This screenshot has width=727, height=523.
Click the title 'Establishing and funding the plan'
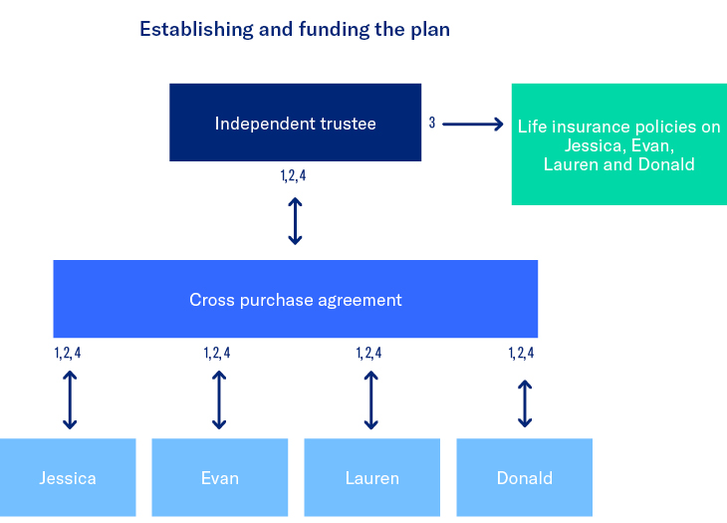pyautogui.click(x=295, y=29)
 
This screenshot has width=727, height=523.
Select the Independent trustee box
pyautogui.click(x=295, y=123)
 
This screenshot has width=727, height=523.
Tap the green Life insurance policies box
pyautogui.click(x=618, y=144)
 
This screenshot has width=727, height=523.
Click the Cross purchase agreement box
pyautogui.click(x=295, y=299)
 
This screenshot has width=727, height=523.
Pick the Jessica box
pyautogui.click(x=68, y=477)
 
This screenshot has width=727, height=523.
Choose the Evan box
pyautogui.click(x=219, y=477)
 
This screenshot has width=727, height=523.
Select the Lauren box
pyautogui.click(x=371, y=477)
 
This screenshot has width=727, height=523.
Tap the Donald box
pyautogui.click(x=524, y=477)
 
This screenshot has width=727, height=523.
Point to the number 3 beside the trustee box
pyautogui.click(x=432, y=124)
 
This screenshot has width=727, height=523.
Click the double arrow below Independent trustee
pyautogui.click(x=295, y=220)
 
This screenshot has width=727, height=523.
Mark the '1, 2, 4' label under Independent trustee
pyautogui.click(x=295, y=177)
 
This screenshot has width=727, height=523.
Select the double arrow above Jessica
pyautogui.click(x=69, y=399)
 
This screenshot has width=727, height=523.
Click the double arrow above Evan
pyautogui.click(x=219, y=399)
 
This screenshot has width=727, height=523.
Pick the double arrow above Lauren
pyautogui.click(x=370, y=399)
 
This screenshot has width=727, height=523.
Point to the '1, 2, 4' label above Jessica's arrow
pyautogui.click(x=68, y=353)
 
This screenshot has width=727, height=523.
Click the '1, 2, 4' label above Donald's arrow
pyautogui.click(x=521, y=353)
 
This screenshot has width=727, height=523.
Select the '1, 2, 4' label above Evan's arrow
pyautogui.click(x=217, y=353)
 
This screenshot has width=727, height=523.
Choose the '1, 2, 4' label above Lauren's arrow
pyautogui.click(x=368, y=353)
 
